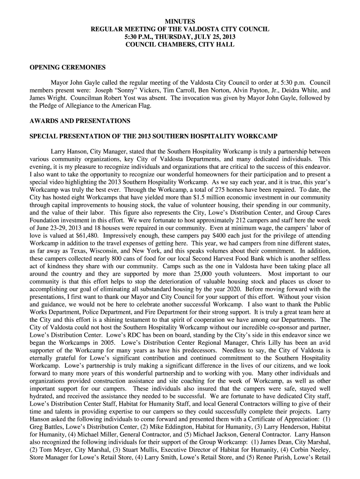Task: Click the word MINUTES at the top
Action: pyautogui.click(x=180, y=22)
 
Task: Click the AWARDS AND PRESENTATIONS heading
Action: pyautogui.click(x=80, y=121)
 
